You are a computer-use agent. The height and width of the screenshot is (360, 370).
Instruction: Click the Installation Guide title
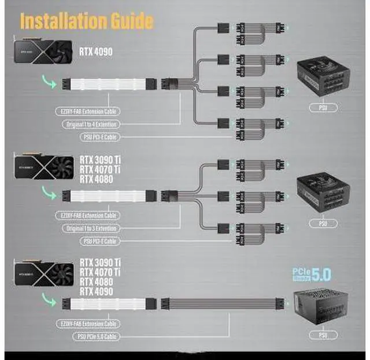click(87, 21)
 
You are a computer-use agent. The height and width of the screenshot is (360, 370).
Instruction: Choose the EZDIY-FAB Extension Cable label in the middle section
click(89, 216)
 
